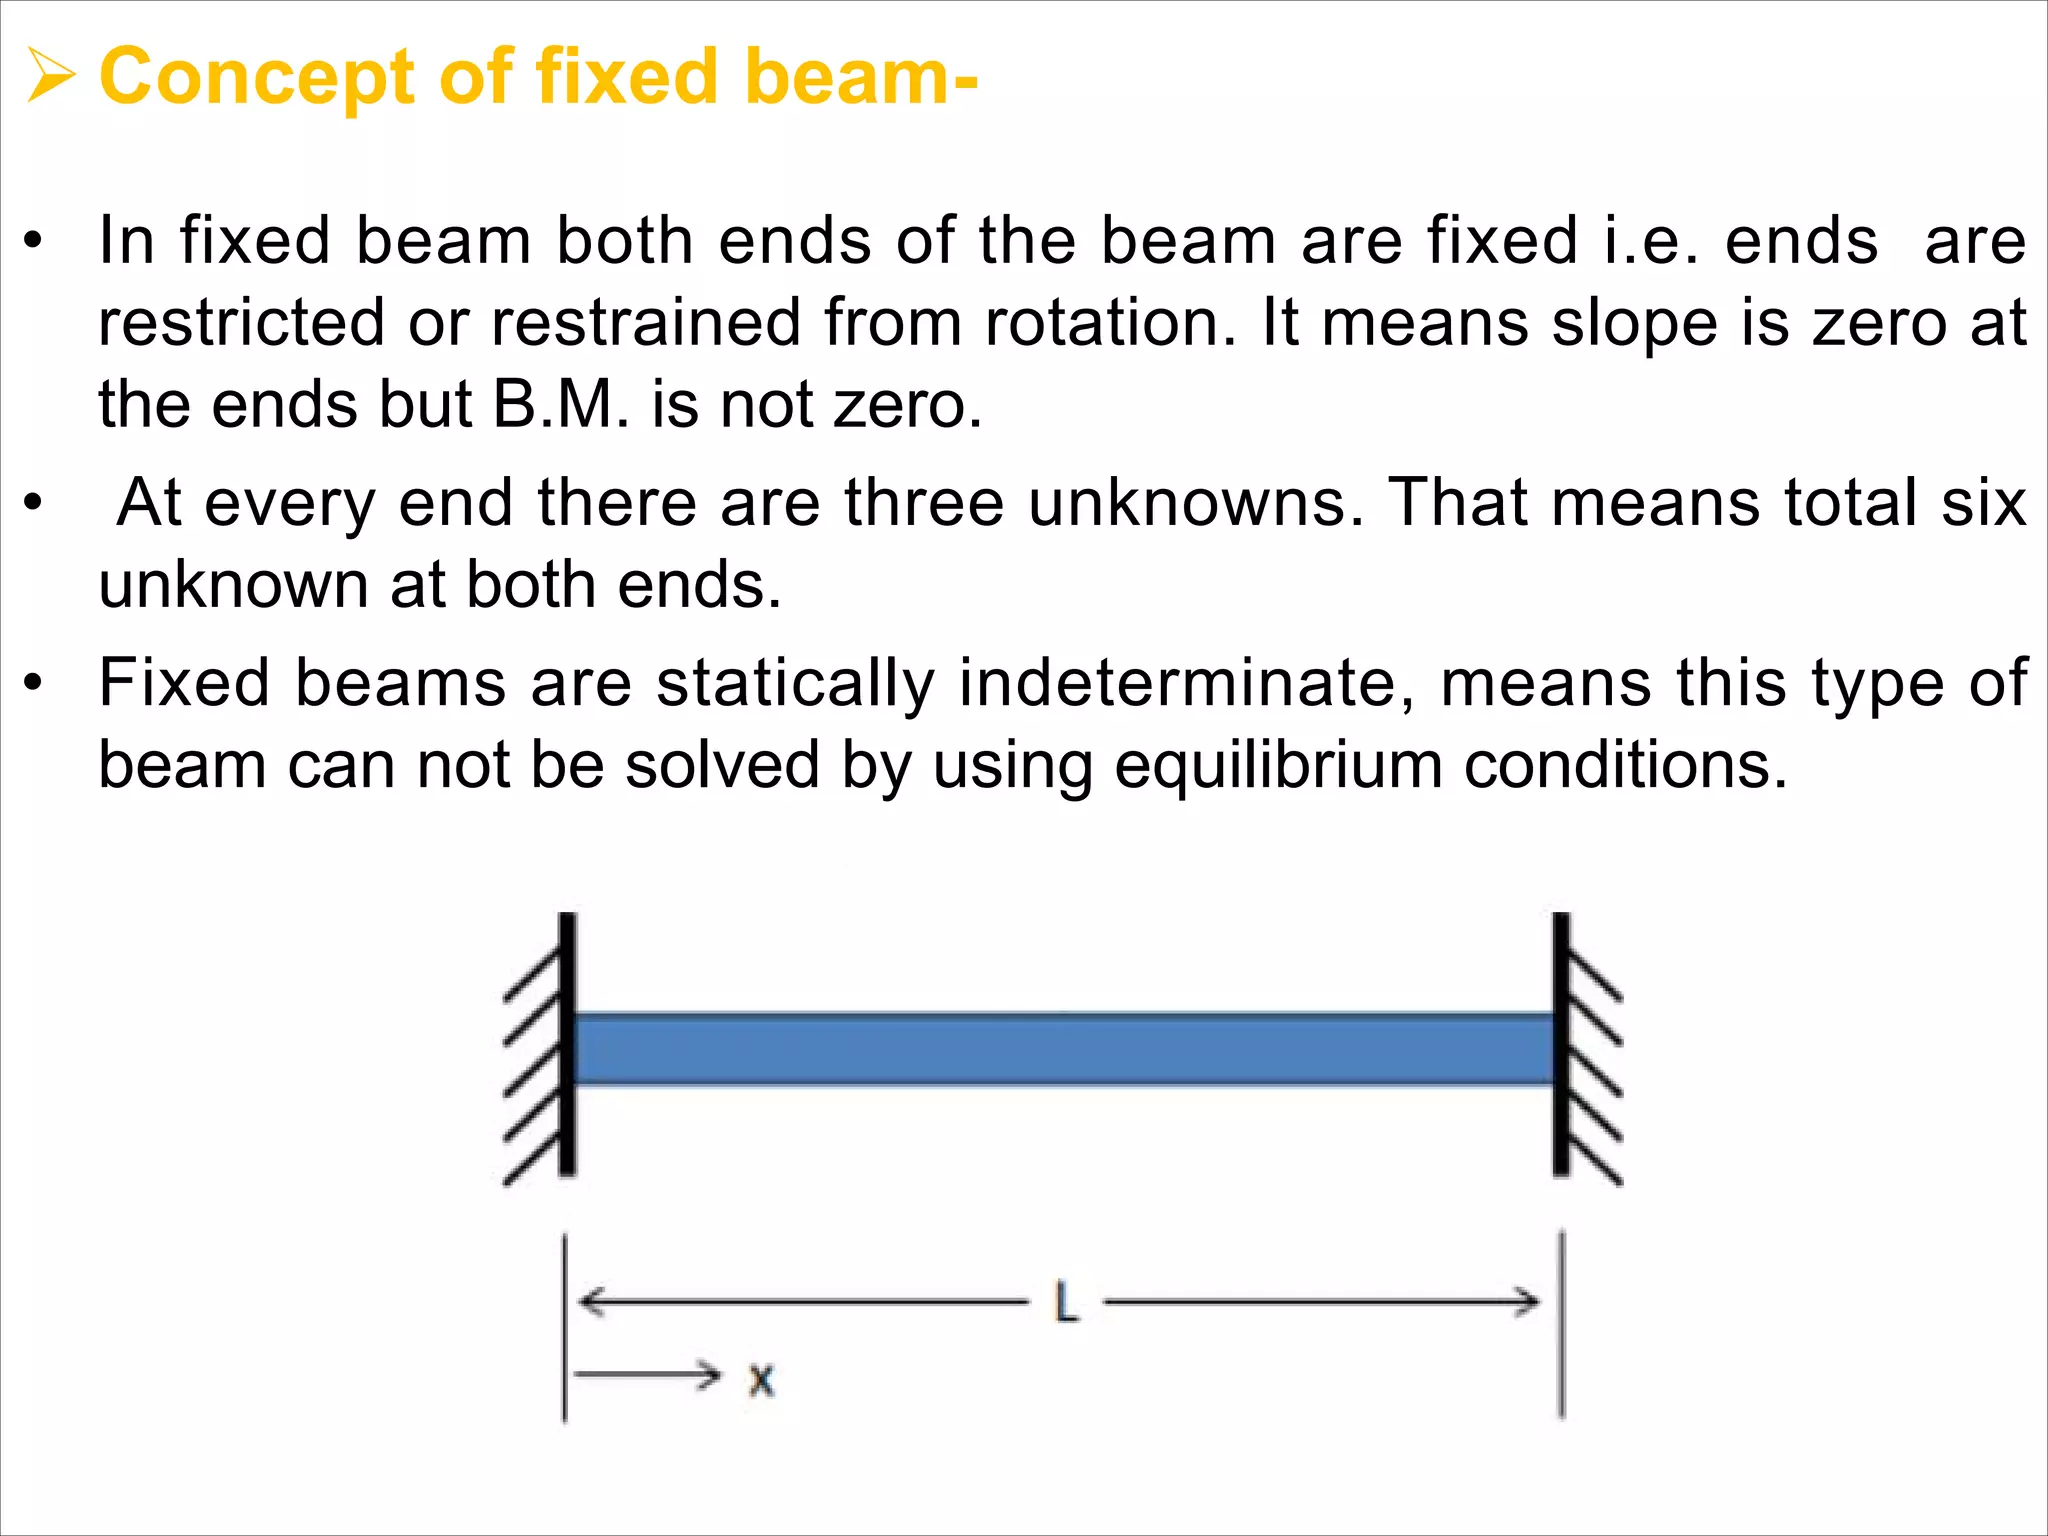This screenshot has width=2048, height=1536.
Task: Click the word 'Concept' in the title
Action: pyautogui.click(x=257, y=78)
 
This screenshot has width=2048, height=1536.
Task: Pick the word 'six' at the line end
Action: pyautogui.click(x=1984, y=502)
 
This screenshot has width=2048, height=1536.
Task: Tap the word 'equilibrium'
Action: pyautogui.click(x=1277, y=766)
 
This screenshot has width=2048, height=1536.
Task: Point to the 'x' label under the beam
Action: pyautogui.click(x=762, y=1380)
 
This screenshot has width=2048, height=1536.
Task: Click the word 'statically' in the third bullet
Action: pyautogui.click(x=795, y=684)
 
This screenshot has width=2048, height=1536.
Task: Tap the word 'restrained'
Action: pyautogui.click(x=646, y=323)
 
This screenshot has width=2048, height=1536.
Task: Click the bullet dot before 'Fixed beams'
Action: pyautogui.click(x=34, y=684)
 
